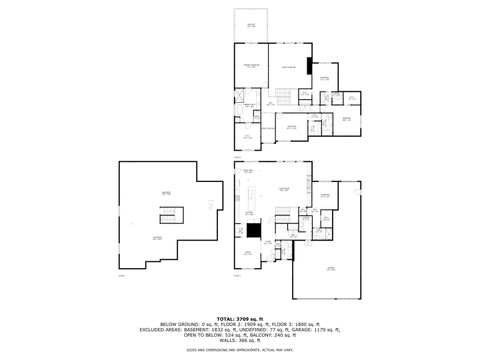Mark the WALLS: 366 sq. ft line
pyautogui.click(x=240, y=342)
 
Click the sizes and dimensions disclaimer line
pyautogui.click(x=240, y=351)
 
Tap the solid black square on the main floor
pyautogui.click(x=255, y=230)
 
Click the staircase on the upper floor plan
pyautogui.click(x=284, y=96)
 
